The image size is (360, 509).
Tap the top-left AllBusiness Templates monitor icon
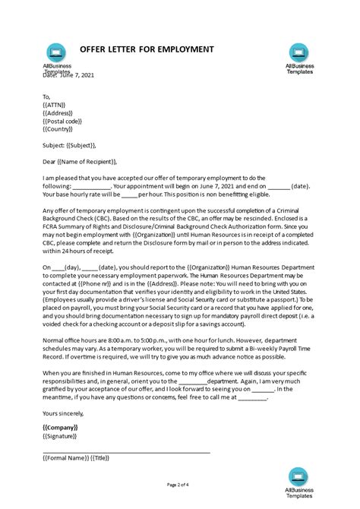point(55,52)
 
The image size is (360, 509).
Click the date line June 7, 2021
point(69,75)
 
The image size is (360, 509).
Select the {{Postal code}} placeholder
point(68,121)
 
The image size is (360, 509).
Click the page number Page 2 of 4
point(179,483)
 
